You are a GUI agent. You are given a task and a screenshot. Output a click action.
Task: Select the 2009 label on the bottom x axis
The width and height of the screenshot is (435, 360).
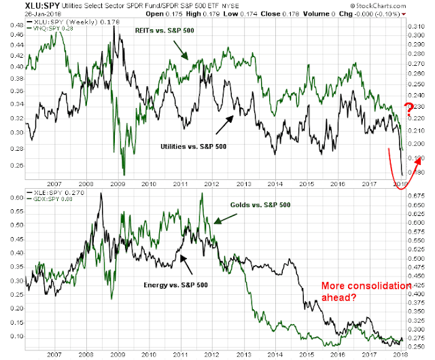coord(117,352)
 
